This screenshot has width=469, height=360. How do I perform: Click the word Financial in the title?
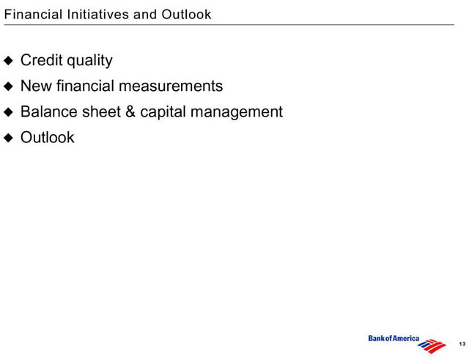tap(33, 15)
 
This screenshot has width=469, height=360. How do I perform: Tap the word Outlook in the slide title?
tap(186, 15)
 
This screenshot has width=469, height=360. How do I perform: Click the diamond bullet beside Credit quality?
tap(9, 61)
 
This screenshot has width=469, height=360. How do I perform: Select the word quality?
tap(89, 62)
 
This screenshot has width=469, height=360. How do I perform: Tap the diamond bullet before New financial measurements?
tap(9, 87)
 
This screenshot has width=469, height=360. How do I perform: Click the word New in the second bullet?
tap(36, 86)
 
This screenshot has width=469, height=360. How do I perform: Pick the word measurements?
tap(171, 87)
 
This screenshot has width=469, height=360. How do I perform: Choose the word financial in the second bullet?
tap(86, 86)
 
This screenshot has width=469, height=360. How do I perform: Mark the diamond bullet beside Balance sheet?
tap(9, 112)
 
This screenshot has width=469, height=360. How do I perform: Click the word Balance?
tap(49, 111)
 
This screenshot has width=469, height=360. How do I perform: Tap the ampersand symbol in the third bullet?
tap(130, 111)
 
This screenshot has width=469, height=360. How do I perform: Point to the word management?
tap(237, 113)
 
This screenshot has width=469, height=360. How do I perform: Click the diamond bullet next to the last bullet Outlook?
tap(9, 138)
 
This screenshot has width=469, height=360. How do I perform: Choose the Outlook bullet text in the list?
tap(47, 137)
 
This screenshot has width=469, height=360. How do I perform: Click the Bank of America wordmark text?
tap(394, 339)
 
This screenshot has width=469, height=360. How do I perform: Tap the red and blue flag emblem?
tap(432, 345)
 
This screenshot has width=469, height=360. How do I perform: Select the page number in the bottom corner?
tap(462, 344)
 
